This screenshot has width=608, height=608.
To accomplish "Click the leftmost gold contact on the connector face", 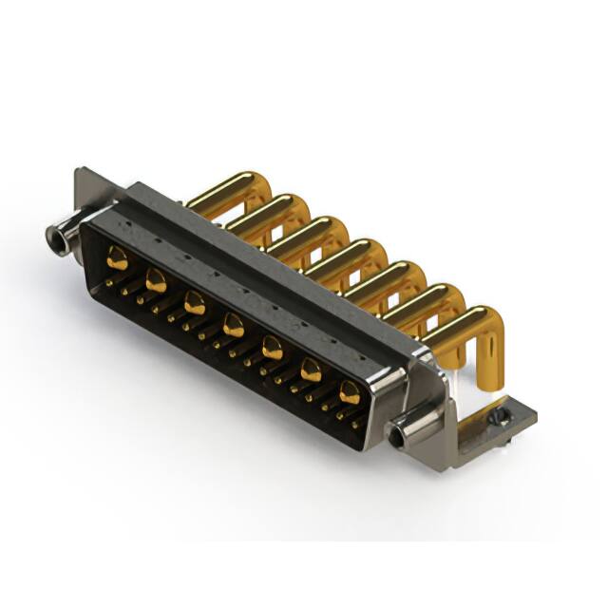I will coord(117,255).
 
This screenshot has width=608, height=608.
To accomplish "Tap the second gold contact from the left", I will coord(155,279).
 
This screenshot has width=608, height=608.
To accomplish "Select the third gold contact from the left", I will coord(194,304).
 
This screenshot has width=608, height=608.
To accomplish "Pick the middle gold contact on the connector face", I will coord(233,328).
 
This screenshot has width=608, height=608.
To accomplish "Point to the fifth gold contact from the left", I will coord(272,348).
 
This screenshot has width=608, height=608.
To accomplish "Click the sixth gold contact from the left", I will coord(311,370).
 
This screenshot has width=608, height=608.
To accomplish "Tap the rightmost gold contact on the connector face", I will coord(350,392).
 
